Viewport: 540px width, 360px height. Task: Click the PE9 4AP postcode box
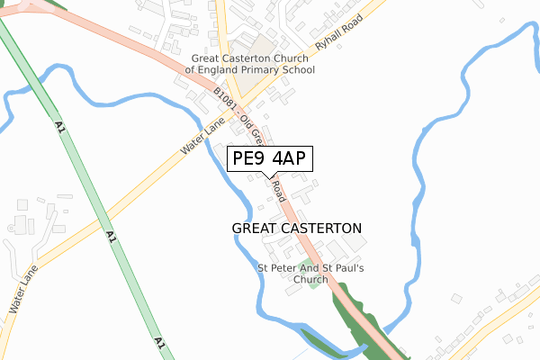pos(269,158)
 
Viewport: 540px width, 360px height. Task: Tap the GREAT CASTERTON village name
pos(297,229)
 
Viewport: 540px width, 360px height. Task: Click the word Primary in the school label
pos(270,69)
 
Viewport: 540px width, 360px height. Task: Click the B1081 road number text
pos(226,100)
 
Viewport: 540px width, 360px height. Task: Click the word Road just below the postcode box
pos(279,190)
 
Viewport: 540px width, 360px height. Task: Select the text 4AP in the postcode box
pos(289,158)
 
